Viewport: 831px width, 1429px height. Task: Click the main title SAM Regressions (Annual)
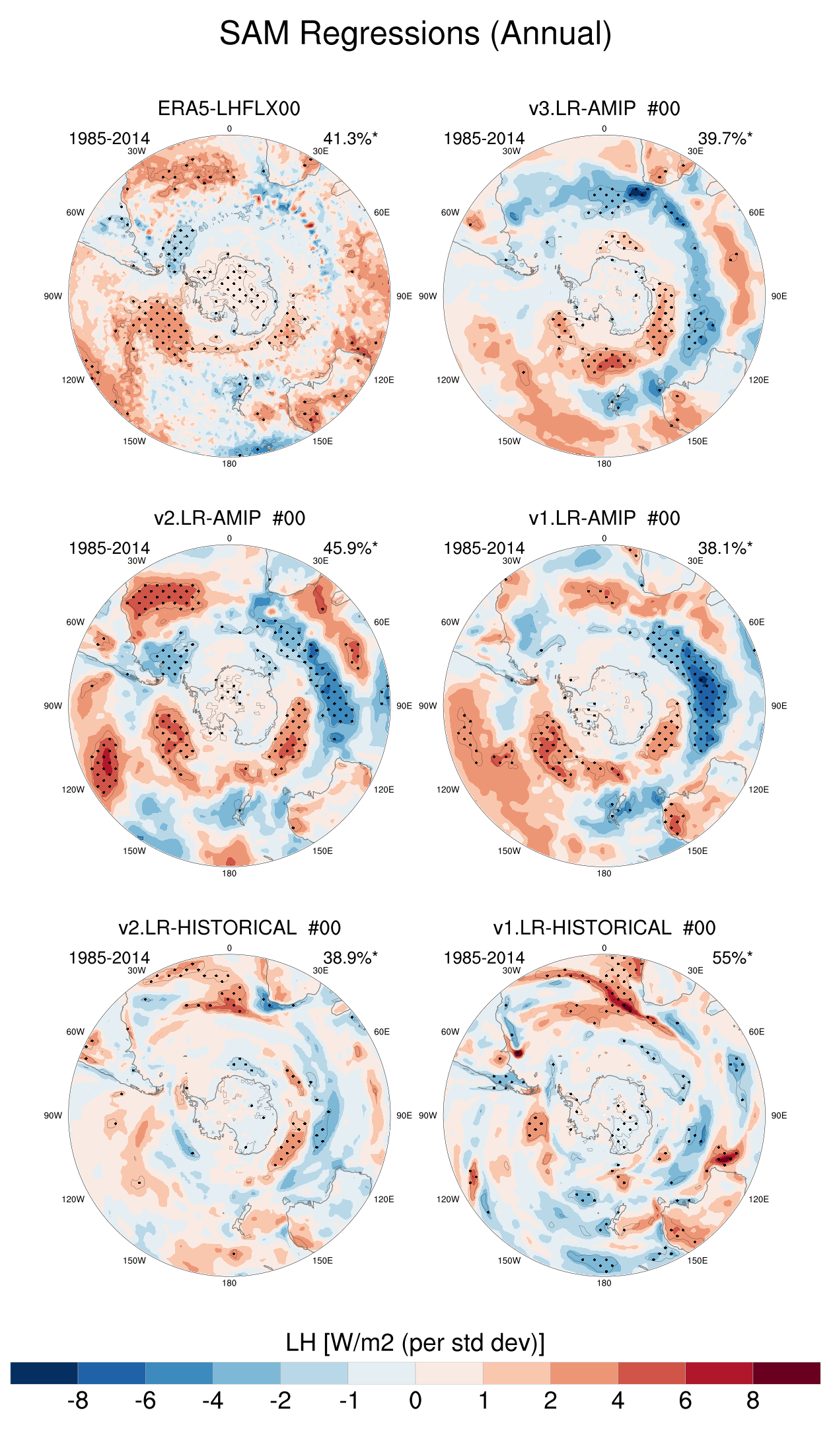415,34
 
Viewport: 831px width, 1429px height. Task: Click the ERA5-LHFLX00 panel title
229,108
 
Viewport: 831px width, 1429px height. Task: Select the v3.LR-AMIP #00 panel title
604,108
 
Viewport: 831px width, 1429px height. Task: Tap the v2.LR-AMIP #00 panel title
229,518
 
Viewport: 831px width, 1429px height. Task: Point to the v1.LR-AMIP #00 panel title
604,518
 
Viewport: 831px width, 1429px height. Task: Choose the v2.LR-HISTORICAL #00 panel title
229,928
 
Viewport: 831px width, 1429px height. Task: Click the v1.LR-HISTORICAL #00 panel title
604,928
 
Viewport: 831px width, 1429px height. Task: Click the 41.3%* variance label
350,139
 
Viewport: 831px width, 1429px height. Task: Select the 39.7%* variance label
725,139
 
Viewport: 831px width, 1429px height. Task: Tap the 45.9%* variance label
350,549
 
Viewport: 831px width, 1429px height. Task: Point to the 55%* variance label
732,958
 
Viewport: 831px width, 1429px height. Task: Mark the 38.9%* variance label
350,958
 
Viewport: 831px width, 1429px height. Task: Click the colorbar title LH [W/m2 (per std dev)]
415,1342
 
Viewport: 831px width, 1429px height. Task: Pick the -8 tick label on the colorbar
78,1401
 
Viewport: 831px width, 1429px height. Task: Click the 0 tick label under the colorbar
415,1401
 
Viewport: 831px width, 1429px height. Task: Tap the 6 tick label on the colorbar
685,1401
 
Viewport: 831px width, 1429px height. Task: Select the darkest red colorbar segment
786,1373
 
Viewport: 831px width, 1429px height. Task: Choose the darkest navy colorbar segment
44,1373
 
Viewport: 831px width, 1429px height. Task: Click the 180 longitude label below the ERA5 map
229,464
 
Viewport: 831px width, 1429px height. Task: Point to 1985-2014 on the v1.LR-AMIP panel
484,549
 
